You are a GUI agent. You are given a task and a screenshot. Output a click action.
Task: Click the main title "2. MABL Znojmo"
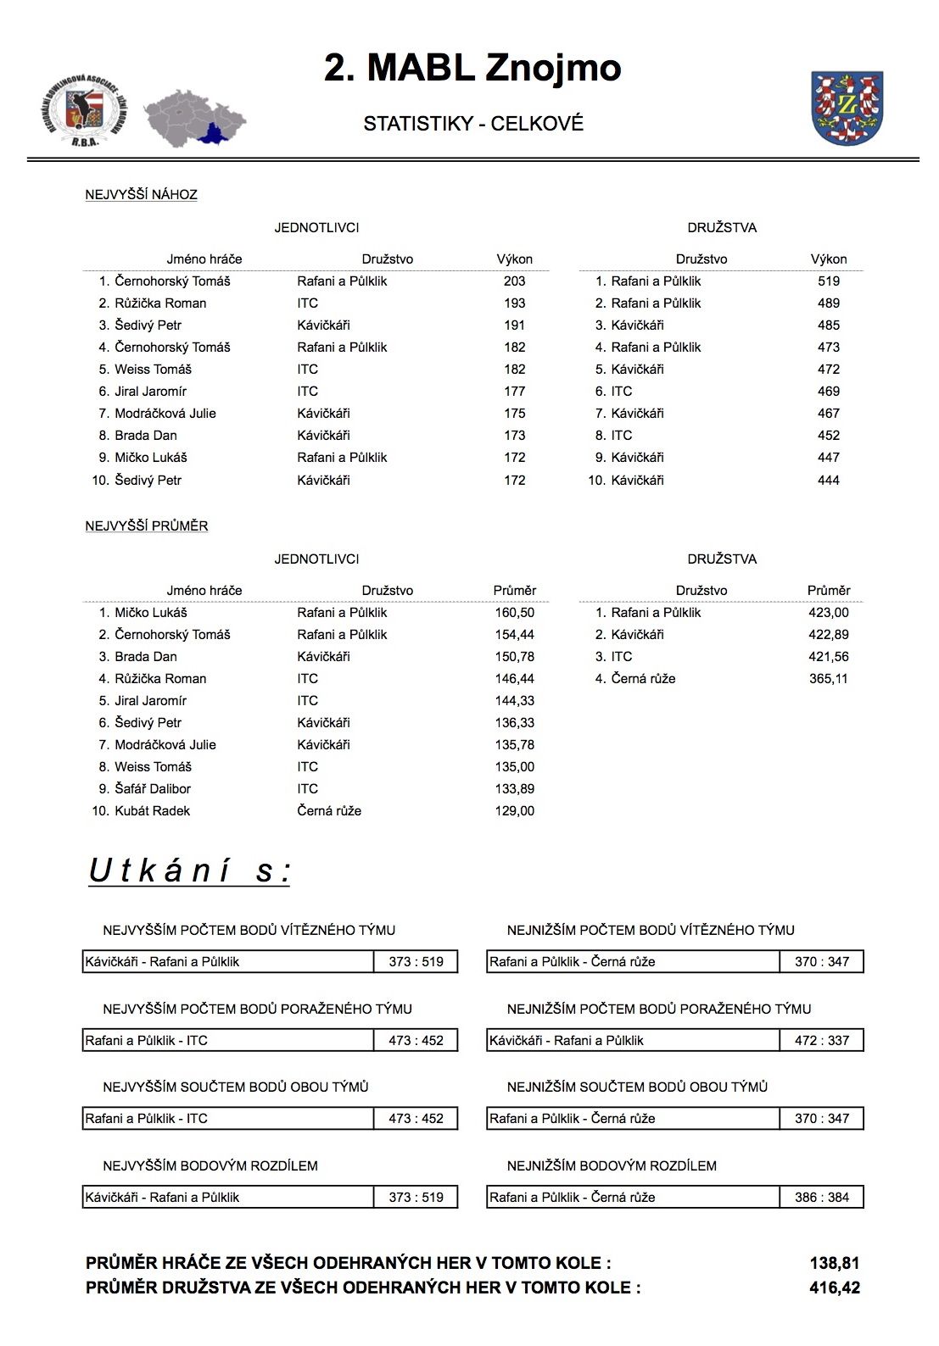[x=472, y=68]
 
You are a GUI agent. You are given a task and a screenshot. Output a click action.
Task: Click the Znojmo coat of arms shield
[x=847, y=108]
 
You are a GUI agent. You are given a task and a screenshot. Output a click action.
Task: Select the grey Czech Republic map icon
[x=194, y=117]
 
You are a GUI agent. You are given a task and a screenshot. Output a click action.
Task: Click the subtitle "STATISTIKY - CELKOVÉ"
[x=473, y=124]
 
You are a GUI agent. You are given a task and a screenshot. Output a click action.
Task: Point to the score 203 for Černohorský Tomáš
[x=514, y=281]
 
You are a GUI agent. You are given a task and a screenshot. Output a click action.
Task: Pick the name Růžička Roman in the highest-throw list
[x=160, y=303]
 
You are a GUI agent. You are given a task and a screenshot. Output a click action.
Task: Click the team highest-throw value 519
[x=828, y=281]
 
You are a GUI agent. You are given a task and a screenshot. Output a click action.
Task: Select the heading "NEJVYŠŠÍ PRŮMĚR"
[x=147, y=526]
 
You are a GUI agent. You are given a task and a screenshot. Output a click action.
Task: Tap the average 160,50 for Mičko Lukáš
[x=514, y=613]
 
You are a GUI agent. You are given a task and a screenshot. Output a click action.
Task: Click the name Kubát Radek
[x=152, y=811]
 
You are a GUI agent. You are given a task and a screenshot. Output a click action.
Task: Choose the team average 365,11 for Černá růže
[x=828, y=679]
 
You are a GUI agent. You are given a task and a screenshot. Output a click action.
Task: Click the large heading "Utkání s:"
[x=189, y=871]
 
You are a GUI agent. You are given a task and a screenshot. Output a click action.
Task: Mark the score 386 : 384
[x=821, y=1198]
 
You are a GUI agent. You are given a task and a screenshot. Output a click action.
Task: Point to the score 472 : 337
[x=821, y=1041]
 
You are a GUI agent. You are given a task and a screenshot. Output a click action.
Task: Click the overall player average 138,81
[x=834, y=1264]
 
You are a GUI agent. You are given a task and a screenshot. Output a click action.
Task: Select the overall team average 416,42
[x=834, y=1288]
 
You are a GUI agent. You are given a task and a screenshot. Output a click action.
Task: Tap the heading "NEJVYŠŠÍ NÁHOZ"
[x=141, y=195]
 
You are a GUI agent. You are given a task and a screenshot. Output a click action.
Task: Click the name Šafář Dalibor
[x=153, y=789]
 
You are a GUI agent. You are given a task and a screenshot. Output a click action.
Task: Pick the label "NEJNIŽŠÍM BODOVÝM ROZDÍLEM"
[x=612, y=1166]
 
